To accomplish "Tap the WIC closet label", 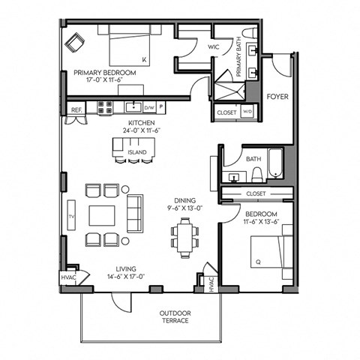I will (213, 46).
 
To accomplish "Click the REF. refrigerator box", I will (76, 110).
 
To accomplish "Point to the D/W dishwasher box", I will (149, 108).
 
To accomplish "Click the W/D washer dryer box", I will (248, 112).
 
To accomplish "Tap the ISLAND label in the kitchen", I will (136, 151).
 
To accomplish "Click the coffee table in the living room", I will (103, 214).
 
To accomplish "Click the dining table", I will (184, 238).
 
